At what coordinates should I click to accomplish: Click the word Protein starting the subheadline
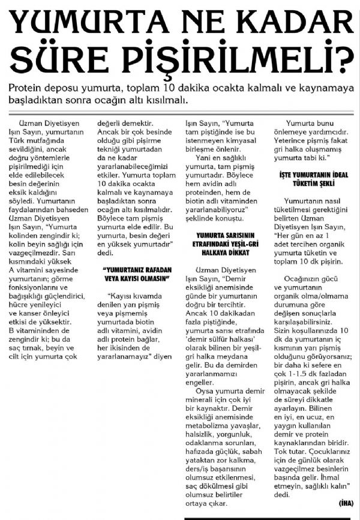pos(27,88)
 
